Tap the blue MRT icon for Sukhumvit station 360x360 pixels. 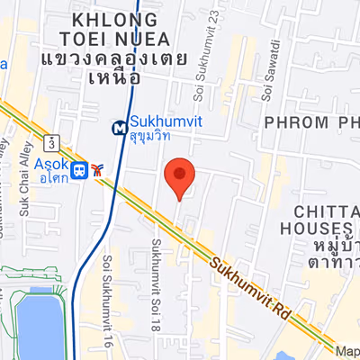tap(119, 128)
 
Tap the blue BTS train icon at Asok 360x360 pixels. tap(80, 169)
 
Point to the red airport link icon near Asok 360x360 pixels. tap(96, 169)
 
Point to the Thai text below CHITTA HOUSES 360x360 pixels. tap(328, 253)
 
